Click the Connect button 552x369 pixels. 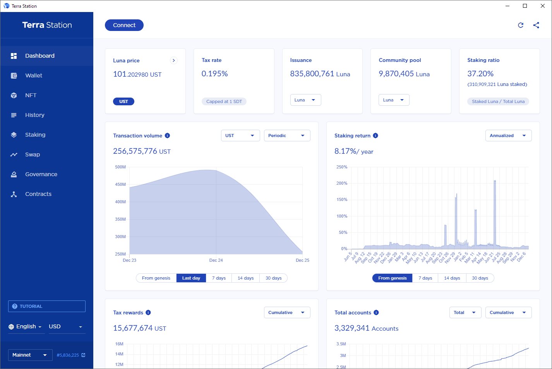pos(124,25)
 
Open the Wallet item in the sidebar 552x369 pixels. pos(34,76)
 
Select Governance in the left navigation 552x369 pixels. pos(41,174)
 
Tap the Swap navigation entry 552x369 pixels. pos(33,154)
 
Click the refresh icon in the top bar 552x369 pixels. pos(521,25)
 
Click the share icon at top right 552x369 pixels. pos(536,25)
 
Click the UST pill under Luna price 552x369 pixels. pos(123,101)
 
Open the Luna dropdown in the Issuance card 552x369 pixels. pos(305,100)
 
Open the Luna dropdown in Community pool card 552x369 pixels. pos(394,100)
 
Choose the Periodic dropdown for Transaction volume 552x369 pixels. pos(287,136)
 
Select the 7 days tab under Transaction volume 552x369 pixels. pos(219,278)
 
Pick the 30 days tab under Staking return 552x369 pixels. pos(480,278)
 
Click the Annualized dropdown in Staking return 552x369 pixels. pos(508,136)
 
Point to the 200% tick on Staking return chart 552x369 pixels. pos(342,183)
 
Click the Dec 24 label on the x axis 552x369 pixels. pos(216,260)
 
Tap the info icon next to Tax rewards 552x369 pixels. pos(148,312)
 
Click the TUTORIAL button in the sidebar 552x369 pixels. pos(46,306)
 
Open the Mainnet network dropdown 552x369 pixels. pos(30,355)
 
